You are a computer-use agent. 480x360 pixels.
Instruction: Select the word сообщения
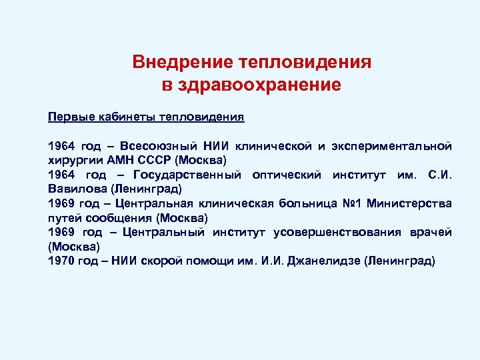click(117, 218)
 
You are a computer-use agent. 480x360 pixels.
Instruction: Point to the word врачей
click(430, 232)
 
